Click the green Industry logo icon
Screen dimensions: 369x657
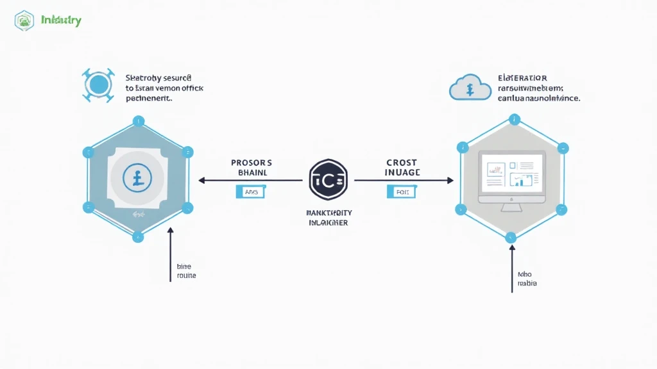click(x=24, y=20)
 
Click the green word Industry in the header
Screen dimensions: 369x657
click(x=61, y=20)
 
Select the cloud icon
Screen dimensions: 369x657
click(x=470, y=87)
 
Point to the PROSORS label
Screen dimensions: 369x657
click(x=252, y=163)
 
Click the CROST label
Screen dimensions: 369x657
click(x=402, y=163)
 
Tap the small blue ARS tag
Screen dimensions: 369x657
click(x=250, y=191)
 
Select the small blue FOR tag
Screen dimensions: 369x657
click(x=402, y=191)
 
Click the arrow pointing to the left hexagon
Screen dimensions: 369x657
click(x=250, y=180)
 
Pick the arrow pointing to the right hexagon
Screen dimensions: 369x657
click(x=402, y=180)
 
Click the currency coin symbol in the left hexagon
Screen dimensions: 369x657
click(x=137, y=178)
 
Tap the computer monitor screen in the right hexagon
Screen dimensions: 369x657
click(x=511, y=174)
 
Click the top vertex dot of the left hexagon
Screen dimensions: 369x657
click(x=137, y=120)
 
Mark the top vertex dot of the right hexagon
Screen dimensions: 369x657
click(x=513, y=119)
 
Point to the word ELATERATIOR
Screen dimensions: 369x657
click(x=522, y=78)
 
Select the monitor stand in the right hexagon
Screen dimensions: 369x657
click(x=511, y=207)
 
